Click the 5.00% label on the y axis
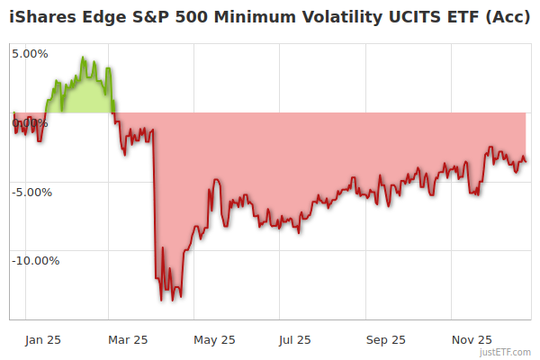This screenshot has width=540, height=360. (x=30, y=53)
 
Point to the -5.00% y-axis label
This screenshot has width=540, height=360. (x=31, y=192)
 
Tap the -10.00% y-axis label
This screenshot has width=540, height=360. (x=35, y=261)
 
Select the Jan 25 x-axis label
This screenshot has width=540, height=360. (x=43, y=340)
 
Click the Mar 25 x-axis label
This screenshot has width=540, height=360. (x=128, y=340)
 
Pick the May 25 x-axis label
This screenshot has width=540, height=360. (x=214, y=340)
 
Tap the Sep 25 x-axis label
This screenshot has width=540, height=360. (x=386, y=340)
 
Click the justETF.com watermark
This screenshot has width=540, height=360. (x=504, y=353)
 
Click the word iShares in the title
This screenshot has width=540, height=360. (x=41, y=15)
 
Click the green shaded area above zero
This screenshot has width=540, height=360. (x=81, y=97)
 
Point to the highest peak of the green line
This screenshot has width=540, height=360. (x=83, y=58)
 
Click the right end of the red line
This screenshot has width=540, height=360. (x=526, y=162)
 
